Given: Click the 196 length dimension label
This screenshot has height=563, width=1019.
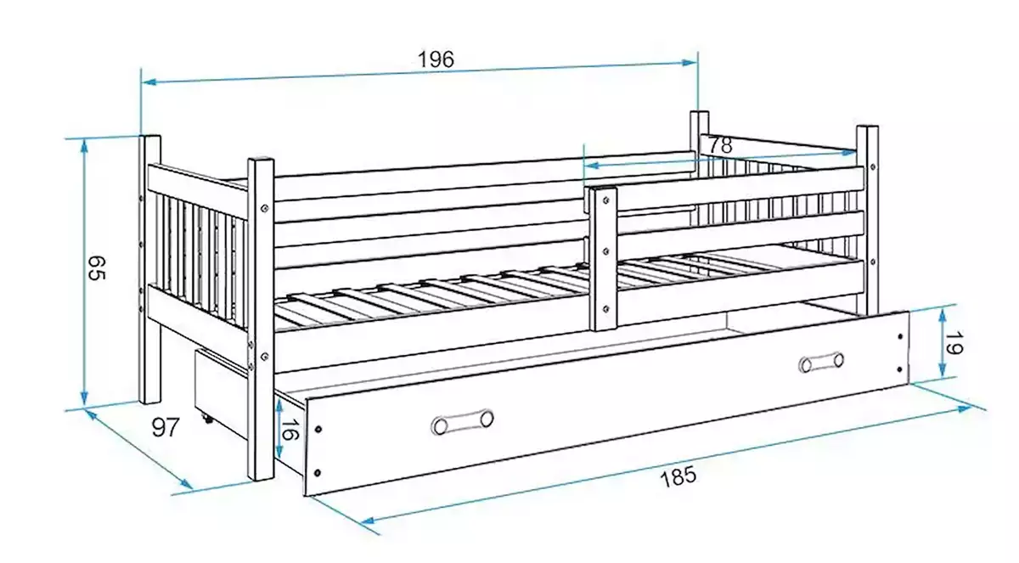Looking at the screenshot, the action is click(x=436, y=59).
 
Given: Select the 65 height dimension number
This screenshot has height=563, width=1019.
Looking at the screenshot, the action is click(x=97, y=268).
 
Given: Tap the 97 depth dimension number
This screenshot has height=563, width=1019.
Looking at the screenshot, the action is click(x=166, y=427).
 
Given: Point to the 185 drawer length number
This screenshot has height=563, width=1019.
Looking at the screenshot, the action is click(x=678, y=476).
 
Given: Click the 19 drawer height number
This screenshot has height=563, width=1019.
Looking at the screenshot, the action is click(x=954, y=343).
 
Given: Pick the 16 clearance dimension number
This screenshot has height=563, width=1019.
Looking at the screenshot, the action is click(x=290, y=430).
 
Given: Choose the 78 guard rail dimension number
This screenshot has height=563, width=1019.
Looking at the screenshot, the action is click(x=720, y=145).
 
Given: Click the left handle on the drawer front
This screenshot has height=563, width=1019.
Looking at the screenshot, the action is click(x=462, y=422).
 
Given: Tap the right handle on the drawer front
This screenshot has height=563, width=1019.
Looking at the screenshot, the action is click(x=821, y=362).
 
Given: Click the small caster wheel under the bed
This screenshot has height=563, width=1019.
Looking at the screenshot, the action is click(x=208, y=419).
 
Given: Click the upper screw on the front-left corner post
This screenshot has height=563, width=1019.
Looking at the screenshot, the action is click(x=265, y=208).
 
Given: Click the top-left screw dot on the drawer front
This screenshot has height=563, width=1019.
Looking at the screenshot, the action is click(x=318, y=429).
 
